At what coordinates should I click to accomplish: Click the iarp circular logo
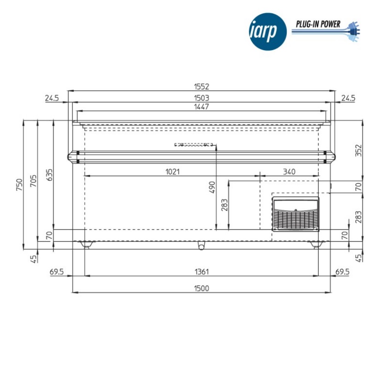(268, 32)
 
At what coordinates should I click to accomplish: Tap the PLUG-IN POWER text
(318, 24)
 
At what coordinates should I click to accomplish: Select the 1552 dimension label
(202, 87)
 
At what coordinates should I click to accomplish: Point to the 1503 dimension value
(202, 98)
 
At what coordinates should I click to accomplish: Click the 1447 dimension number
(202, 107)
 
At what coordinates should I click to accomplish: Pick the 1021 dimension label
(173, 172)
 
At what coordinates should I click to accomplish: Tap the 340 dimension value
(289, 172)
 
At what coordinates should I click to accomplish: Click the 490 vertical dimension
(212, 187)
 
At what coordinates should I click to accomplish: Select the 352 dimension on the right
(359, 151)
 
